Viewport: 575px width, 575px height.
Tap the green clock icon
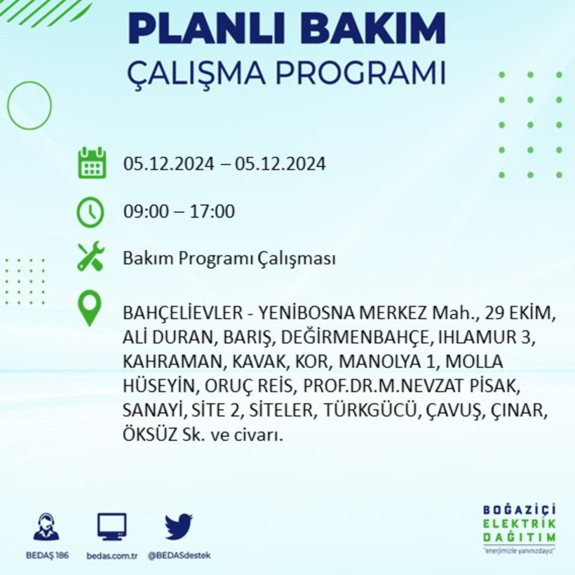[91, 212]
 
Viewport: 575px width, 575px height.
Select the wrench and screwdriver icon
[91, 257]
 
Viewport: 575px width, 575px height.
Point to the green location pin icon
[90, 309]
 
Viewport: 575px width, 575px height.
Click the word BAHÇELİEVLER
[181, 311]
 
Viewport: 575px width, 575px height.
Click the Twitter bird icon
[179, 526]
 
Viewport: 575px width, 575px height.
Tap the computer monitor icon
[112, 526]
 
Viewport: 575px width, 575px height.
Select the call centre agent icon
[46, 527]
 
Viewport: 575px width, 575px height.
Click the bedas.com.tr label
[112, 555]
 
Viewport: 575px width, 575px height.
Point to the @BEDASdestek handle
[179, 555]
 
